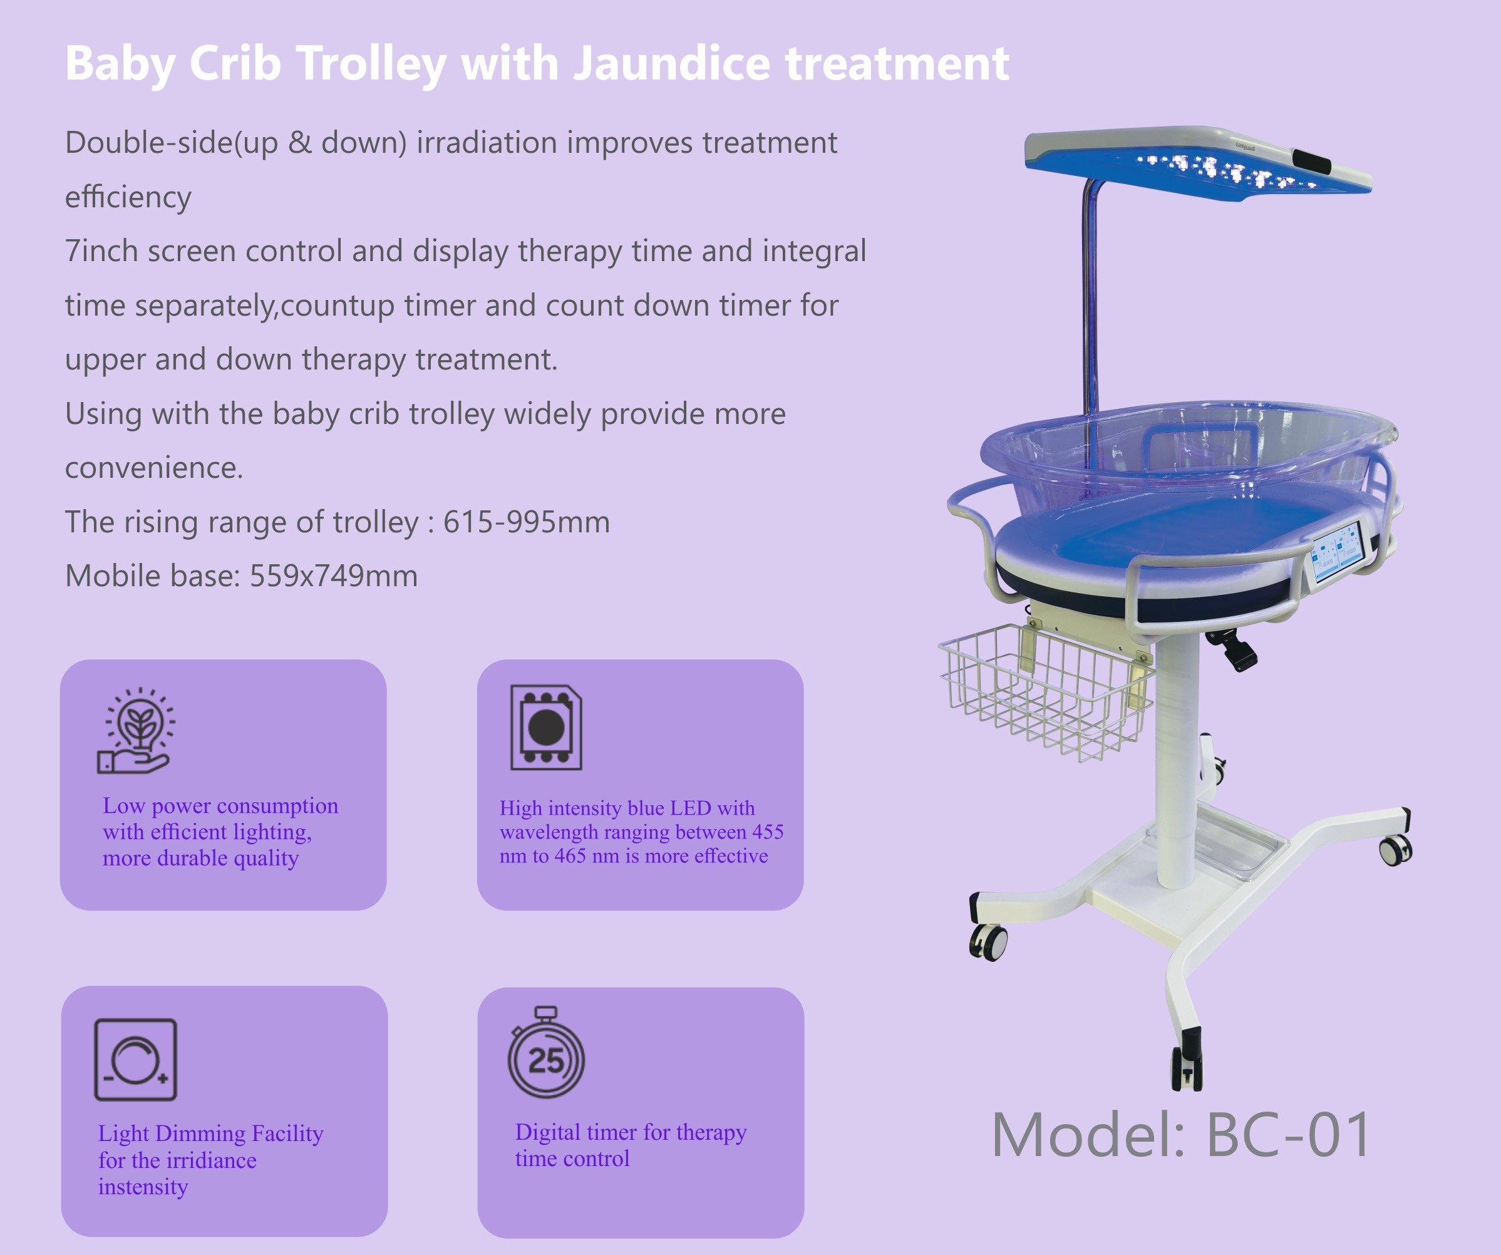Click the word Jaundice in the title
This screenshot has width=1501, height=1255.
tap(671, 65)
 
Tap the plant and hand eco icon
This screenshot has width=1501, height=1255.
tap(136, 730)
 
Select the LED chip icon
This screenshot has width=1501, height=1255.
tap(546, 728)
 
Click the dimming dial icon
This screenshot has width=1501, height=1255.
tap(136, 1060)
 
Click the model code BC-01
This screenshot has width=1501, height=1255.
tap(1288, 1135)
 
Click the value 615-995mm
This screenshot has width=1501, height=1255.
tap(526, 522)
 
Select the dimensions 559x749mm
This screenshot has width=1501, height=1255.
tap(333, 576)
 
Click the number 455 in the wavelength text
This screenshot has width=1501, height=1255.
tap(768, 832)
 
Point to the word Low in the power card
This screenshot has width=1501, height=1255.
tap(123, 805)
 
